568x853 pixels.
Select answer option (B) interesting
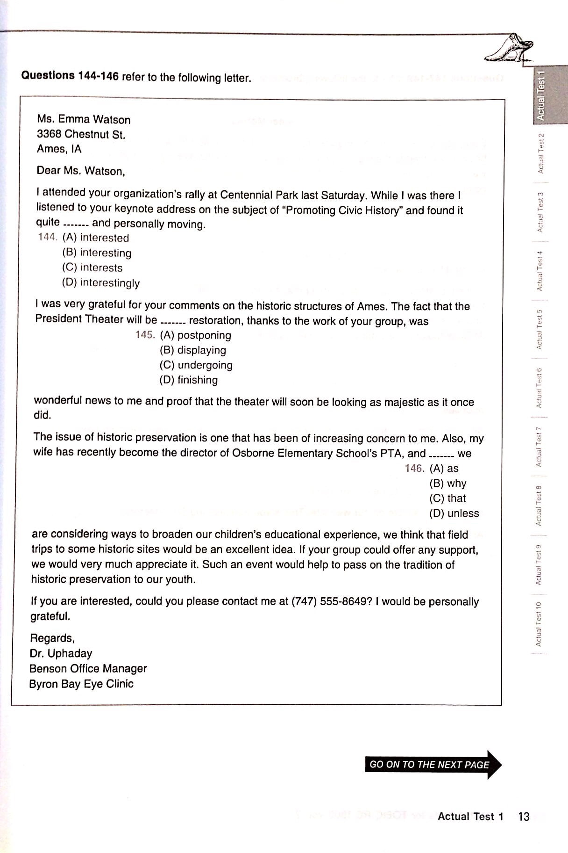click(x=97, y=253)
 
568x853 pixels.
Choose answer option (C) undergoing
click(x=196, y=365)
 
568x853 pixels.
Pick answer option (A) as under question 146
click(x=444, y=468)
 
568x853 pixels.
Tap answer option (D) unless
click(x=454, y=513)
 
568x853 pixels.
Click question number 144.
click(x=48, y=238)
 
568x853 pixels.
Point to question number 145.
click(x=145, y=335)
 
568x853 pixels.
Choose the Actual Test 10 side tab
click(x=538, y=624)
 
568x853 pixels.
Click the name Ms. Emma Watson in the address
click(x=84, y=119)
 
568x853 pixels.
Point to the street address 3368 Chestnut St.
click(x=81, y=134)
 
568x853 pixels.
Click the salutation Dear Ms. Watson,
click(x=81, y=171)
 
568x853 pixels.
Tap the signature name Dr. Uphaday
click(x=61, y=653)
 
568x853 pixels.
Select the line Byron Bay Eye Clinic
click(x=81, y=684)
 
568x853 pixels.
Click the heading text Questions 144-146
click(x=70, y=76)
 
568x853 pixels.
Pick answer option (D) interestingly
click(x=101, y=283)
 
